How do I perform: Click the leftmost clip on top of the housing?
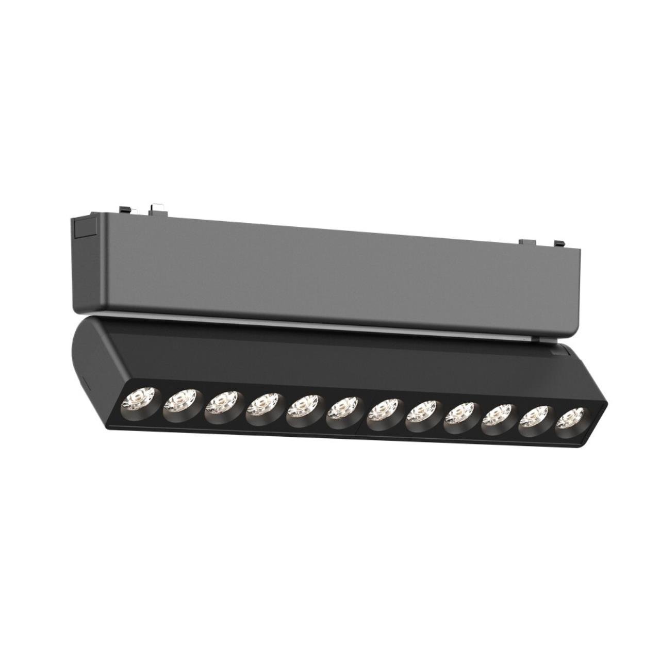[124, 210]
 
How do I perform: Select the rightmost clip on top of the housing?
[559, 242]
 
